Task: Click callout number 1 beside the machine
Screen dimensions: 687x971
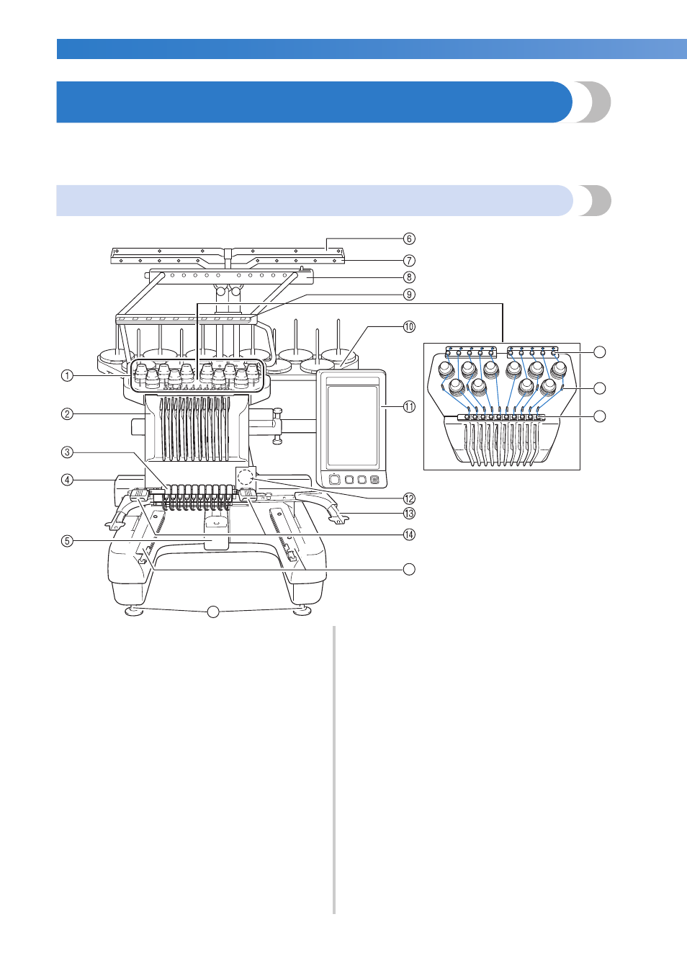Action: [67, 375]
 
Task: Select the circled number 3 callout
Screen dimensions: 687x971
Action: [67, 452]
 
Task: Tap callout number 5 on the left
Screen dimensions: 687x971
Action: [67, 540]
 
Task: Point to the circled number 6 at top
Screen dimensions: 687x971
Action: [409, 238]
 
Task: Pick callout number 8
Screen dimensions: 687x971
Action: [409, 277]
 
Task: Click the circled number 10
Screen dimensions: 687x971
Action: [409, 326]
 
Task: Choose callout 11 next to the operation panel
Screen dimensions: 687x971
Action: [409, 406]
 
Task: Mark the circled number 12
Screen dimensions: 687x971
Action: [409, 498]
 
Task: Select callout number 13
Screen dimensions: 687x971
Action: [409, 514]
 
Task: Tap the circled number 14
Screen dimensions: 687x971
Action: [409, 534]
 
